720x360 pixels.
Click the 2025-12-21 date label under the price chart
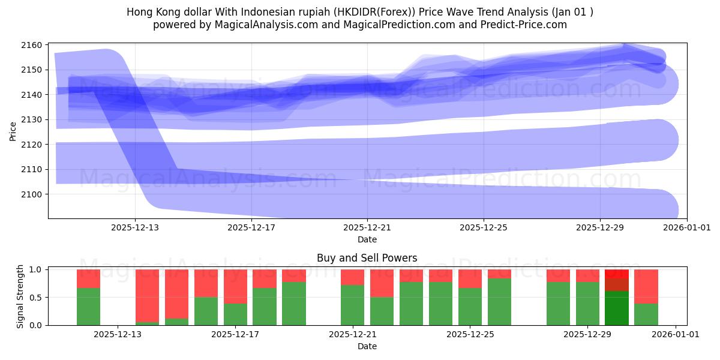pyautogui.click(x=367, y=228)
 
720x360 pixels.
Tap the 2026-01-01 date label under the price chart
pyautogui.click(x=676, y=228)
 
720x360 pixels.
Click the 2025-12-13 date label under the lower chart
pyautogui.click(x=118, y=334)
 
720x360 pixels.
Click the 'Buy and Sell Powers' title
pyautogui.click(x=367, y=259)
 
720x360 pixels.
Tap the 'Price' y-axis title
pyautogui.click(x=13, y=131)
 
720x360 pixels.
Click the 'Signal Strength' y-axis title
pyautogui.click(x=20, y=296)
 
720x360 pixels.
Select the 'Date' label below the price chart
pyautogui.click(x=367, y=239)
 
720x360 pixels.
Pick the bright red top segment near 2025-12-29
pyautogui.click(x=617, y=274)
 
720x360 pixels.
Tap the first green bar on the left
pyautogui.click(x=88, y=307)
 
